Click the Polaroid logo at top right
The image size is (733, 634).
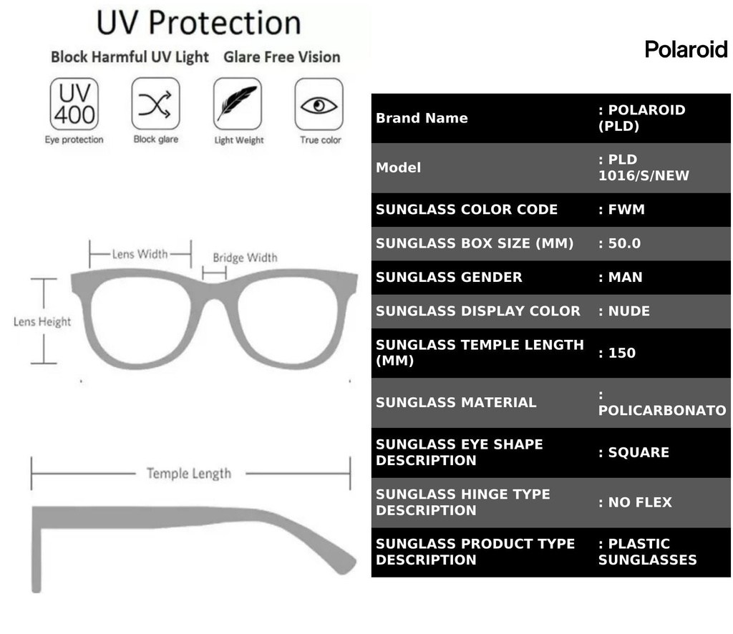point(686,49)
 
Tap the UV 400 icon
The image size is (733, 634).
point(74,104)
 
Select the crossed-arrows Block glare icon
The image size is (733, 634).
point(155,104)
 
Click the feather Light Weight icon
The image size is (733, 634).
point(238,104)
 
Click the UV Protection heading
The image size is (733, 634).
point(198,23)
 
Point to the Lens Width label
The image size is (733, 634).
point(140,253)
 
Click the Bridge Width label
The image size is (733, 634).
point(245,258)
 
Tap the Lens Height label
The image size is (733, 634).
point(42,322)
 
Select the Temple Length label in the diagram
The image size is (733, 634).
point(189,473)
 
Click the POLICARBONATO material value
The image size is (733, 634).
point(661,410)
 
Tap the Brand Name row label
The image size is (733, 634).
point(422,118)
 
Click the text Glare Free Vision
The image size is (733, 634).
point(282,57)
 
